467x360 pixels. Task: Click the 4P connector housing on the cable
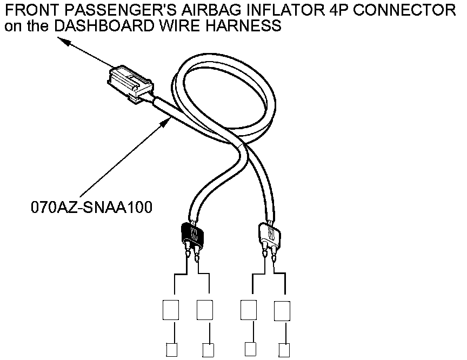pyautogui.click(x=130, y=83)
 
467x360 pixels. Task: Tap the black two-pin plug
pyautogui.click(x=191, y=233)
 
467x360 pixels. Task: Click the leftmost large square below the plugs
pyautogui.click(x=171, y=310)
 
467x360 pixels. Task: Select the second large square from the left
pyautogui.click(x=205, y=310)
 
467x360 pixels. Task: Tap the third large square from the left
pyautogui.click(x=249, y=310)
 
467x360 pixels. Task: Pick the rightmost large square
pyautogui.click(x=283, y=310)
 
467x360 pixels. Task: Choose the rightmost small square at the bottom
pyautogui.click(x=283, y=350)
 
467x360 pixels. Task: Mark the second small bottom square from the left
pyautogui.click(x=206, y=350)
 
